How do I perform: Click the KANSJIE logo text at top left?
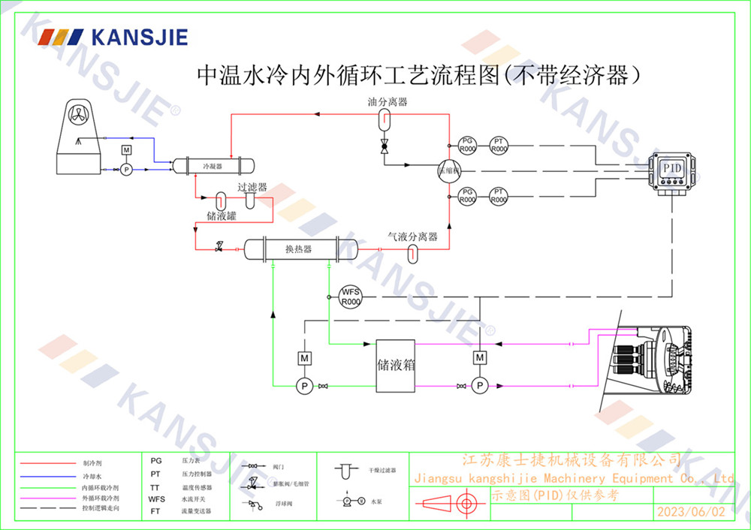point(138,37)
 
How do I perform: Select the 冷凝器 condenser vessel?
point(213,165)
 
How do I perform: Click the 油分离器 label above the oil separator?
point(388,101)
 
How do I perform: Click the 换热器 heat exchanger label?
point(298,248)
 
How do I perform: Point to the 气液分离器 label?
point(412,236)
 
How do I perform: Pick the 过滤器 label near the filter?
point(252,188)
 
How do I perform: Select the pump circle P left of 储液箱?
point(305,385)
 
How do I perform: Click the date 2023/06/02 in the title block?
point(691,512)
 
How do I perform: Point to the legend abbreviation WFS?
point(156,498)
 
